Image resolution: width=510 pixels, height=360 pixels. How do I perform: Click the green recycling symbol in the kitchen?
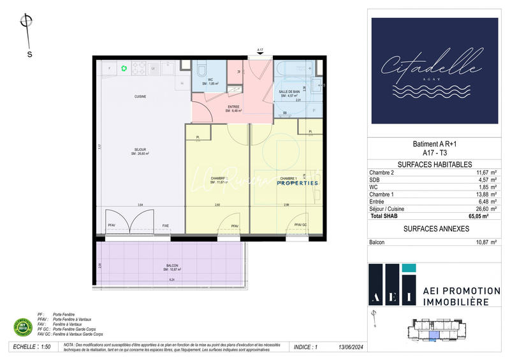click(124, 68)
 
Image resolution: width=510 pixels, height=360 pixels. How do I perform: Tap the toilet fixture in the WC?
click(201, 69)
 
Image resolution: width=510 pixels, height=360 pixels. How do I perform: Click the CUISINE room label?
click(141, 96)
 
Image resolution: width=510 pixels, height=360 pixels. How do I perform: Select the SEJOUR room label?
click(140, 150)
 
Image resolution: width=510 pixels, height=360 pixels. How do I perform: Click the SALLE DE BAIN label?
click(290, 92)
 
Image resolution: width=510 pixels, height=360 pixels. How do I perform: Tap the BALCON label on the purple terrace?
click(171, 266)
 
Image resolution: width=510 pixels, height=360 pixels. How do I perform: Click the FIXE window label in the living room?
click(166, 226)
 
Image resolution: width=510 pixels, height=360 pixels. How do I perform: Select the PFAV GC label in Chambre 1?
click(300, 226)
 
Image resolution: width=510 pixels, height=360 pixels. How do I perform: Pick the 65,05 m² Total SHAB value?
click(479, 217)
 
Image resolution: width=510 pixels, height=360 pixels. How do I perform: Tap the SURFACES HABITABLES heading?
click(426, 164)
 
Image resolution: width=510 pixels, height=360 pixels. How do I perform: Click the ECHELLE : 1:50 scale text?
click(32, 348)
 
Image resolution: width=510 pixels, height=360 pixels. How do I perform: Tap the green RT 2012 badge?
click(24, 328)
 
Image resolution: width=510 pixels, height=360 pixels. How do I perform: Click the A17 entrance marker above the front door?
click(260, 50)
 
